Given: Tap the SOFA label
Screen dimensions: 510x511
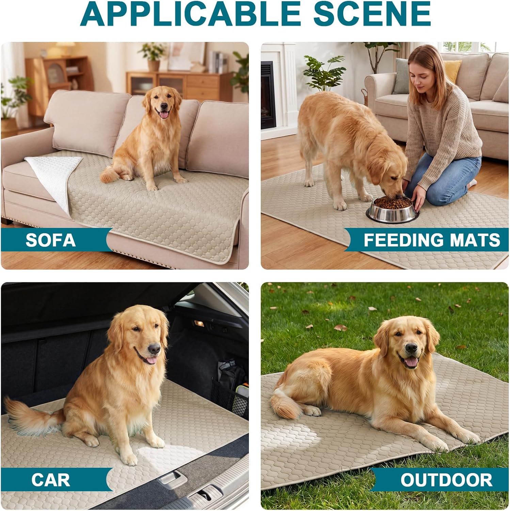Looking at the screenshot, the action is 50,240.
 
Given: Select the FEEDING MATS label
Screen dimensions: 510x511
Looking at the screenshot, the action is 432,240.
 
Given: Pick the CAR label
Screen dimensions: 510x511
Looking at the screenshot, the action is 50,480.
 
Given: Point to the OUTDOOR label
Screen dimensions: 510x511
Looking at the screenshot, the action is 446,480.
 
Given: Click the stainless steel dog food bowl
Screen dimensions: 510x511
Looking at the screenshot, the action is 392,209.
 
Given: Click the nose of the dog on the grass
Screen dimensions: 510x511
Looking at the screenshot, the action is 411,348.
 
